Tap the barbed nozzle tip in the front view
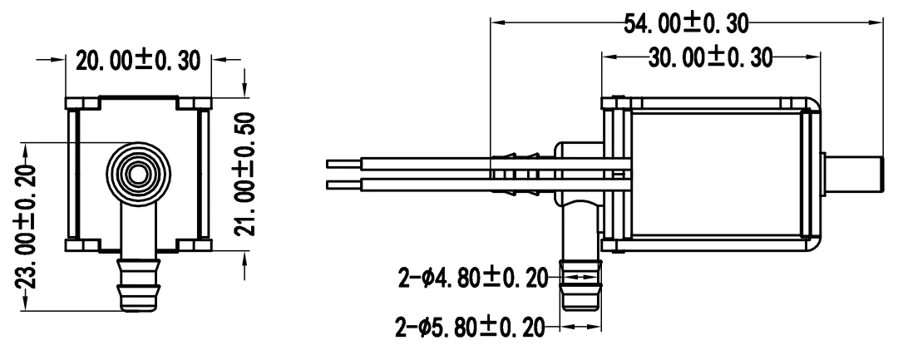[138, 286]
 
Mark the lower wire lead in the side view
[399, 185]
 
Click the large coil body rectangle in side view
[719, 174]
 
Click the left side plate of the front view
[73, 174]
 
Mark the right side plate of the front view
[202, 174]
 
